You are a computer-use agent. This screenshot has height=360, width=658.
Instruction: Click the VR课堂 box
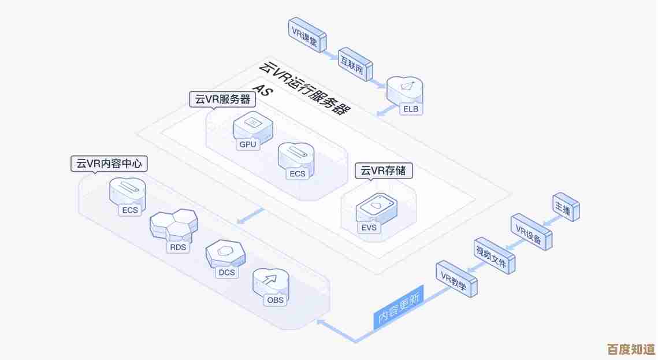tap(306, 33)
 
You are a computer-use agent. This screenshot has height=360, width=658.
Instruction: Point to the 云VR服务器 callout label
tap(222, 99)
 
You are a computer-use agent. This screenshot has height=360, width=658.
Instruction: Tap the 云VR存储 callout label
tap(384, 170)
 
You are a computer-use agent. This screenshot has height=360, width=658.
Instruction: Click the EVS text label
tap(369, 228)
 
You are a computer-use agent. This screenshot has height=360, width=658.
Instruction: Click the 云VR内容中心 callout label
tap(109, 164)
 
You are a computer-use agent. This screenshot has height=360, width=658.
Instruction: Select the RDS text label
tap(177, 247)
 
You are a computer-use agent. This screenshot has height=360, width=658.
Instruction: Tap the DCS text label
tap(226, 272)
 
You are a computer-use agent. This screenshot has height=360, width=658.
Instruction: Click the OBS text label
tap(274, 300)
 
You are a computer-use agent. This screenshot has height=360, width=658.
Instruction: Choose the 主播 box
tap(565, 209)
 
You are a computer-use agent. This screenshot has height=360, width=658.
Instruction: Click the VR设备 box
tap(530, 232)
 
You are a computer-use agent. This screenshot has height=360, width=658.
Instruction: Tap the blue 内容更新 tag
tap(399, 308)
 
